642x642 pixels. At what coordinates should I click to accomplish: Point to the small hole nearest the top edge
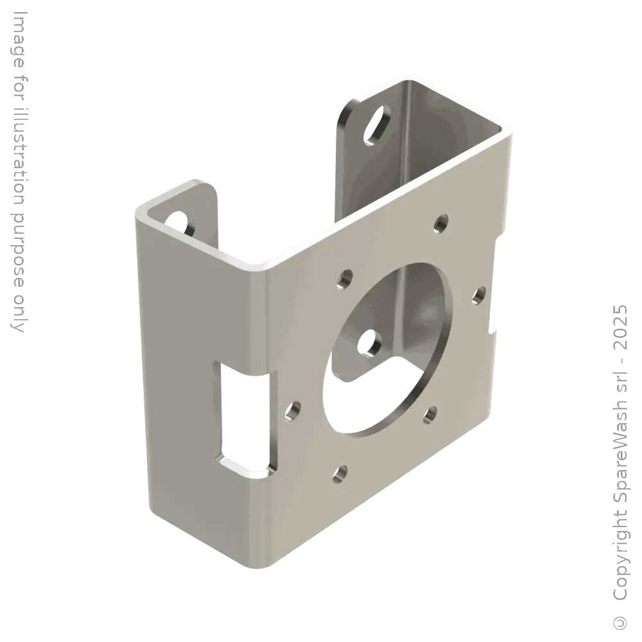click(440, 223)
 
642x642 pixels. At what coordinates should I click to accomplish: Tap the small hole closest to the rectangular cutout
click(294, 408)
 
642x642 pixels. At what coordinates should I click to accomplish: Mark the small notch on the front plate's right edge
click(493, 324)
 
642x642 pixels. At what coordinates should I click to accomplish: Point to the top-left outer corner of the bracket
click(138, 209)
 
